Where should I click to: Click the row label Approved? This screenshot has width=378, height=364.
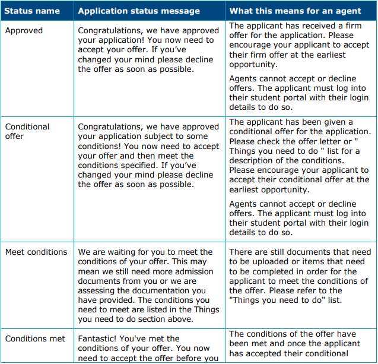pos(23,30)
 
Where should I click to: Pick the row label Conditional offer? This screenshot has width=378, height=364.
pos(27,131)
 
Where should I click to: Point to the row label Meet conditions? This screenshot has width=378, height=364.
pos(36,252)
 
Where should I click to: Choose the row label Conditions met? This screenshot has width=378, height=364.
pos(35,338)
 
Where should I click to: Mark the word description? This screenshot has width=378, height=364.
pos(253,160)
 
